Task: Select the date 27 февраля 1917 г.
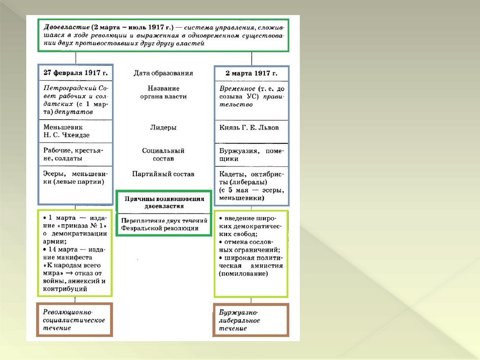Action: click(75, 73)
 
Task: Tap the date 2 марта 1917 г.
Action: click(251, 73)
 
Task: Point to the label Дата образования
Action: click(163, 73)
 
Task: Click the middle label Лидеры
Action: click(163, 127)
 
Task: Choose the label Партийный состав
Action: click(163, 174)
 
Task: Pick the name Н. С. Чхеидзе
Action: click(66, 135)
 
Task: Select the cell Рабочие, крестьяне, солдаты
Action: click(75, 155)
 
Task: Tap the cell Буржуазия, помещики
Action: click(252, 155)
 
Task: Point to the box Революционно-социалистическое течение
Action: click(74, 320)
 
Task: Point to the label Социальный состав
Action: click(163, 155)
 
